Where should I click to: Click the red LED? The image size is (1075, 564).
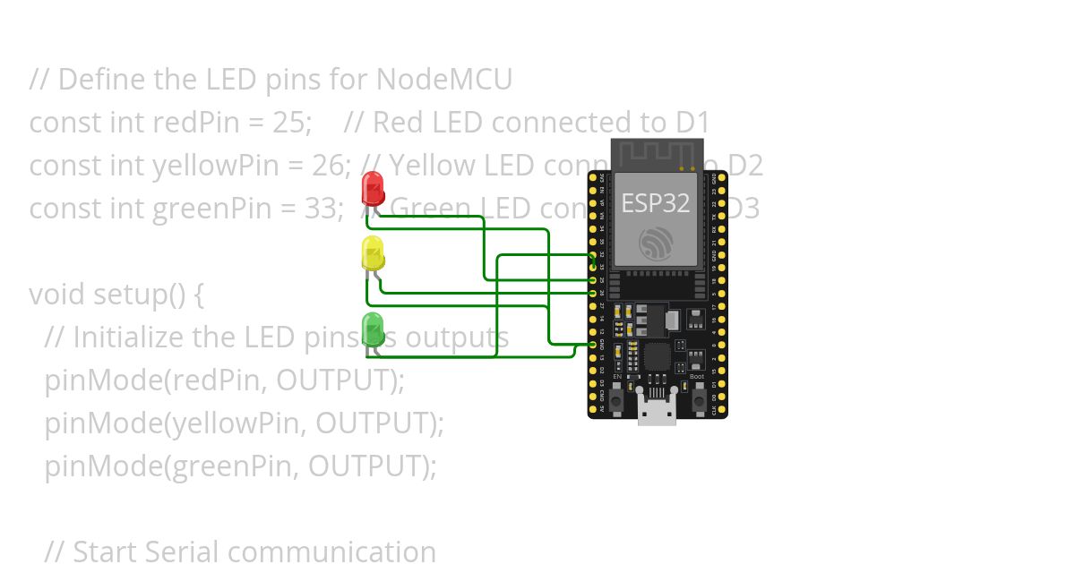pyautogui.click(x=372, y=188)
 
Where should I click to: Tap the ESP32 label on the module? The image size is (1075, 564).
pyautogui.click(x=656, y=202)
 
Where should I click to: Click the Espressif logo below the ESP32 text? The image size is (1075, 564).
pyautogui.click(x=656, y=244)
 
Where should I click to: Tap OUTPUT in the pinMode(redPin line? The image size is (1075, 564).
pyautogui.click(x=333, y=380)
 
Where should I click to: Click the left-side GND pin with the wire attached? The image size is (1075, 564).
pyautogui.click(x=593, y=344)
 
